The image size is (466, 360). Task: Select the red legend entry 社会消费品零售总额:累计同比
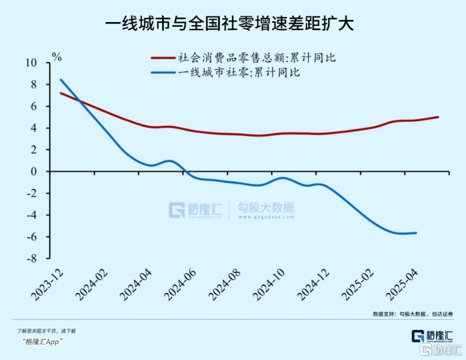[x=246, y=58]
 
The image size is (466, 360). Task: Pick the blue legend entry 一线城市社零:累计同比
[x=233, y=72]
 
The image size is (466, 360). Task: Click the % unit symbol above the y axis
[x=57, y=57]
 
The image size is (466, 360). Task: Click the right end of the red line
[x=438, y=117]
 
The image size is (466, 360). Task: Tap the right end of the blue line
[x=416, y=233]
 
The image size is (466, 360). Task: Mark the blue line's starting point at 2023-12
[x=61, y=79]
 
